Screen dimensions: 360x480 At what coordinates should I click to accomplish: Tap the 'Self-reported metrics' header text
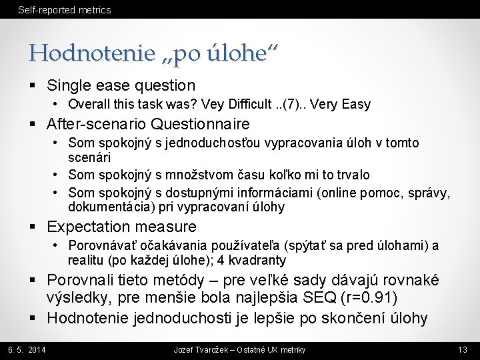[64, 10]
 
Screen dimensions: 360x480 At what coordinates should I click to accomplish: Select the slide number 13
[463, 350]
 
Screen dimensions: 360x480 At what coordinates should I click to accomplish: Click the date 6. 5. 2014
[27, 350]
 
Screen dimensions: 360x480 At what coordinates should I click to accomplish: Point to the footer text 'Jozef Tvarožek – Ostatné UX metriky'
[239, 350]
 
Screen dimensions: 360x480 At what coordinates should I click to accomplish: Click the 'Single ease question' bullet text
[121, 85]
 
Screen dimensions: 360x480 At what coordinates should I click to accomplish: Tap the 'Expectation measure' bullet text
[122, 227]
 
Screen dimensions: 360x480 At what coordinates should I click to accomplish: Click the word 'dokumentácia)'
[101, 207]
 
